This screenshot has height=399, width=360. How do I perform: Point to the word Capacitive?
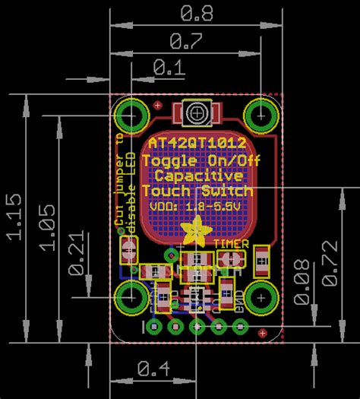pyautogui.click(x=197, y=176)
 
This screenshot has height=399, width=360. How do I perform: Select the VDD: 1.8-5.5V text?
pyautogui.click(x=197, y=205)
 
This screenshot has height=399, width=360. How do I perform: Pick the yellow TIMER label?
pyautogui.click(x=230, y=242)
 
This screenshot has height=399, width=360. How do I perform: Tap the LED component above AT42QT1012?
pyautogui.click(x=197, y=114)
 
